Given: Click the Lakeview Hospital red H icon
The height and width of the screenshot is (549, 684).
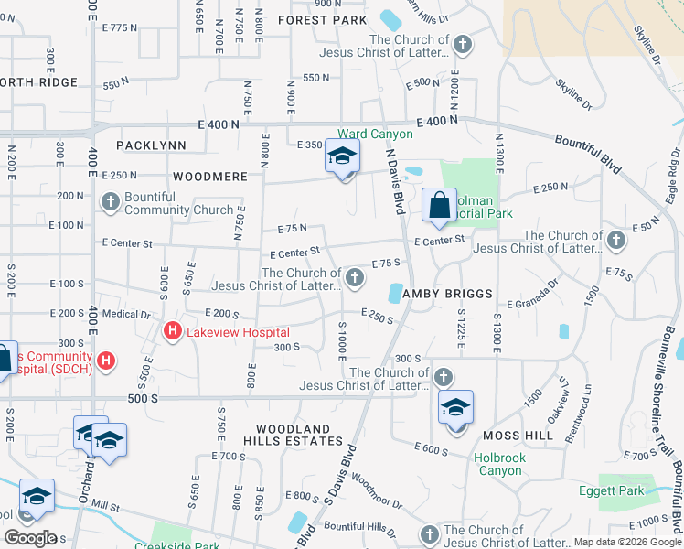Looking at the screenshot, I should (170, 332).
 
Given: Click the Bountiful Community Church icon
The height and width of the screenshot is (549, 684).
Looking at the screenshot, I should (111, 202).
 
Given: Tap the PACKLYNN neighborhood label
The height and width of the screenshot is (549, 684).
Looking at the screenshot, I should (151, 145).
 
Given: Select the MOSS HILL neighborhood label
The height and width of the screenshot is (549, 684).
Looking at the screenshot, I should (520, 436).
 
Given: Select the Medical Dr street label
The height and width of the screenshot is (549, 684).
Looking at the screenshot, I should (126, 314).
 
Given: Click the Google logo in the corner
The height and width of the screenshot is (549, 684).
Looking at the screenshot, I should (30, 537).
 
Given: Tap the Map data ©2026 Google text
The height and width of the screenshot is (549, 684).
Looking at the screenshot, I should (626, 542).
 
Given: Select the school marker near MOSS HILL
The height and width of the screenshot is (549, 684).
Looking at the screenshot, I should (455, 407).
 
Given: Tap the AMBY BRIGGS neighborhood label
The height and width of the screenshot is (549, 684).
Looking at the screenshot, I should (449, 294).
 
